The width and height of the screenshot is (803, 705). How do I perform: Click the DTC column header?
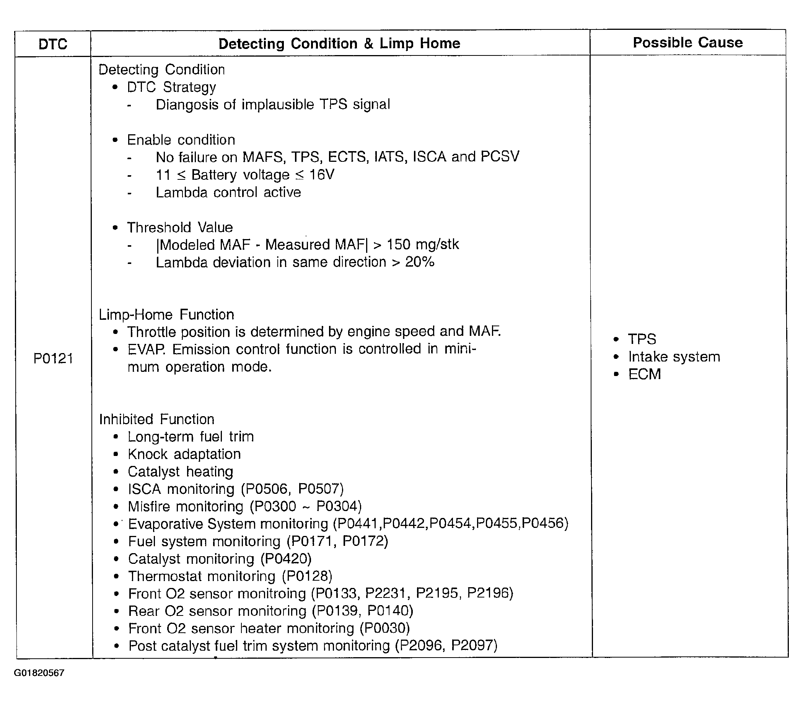[53, 44]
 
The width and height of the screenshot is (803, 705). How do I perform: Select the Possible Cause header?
[687, 42]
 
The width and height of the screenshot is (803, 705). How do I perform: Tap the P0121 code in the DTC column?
[53, 358]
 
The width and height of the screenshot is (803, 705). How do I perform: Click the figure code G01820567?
[39, 673]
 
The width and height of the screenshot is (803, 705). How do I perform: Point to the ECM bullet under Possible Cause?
[644, 374]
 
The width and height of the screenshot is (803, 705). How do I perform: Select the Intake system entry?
[674, 357]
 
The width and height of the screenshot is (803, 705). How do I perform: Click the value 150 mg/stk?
[423, 245]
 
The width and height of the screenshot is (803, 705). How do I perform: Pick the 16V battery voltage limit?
[322, 175]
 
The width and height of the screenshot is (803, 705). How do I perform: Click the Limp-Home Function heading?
[166, 314]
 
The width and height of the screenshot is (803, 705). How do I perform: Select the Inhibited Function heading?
[156, 419]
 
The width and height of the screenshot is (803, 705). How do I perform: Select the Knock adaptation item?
[184, 454]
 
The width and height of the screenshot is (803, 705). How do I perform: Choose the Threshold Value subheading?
[179, 227]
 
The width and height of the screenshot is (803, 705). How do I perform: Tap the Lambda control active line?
[228, 192]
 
